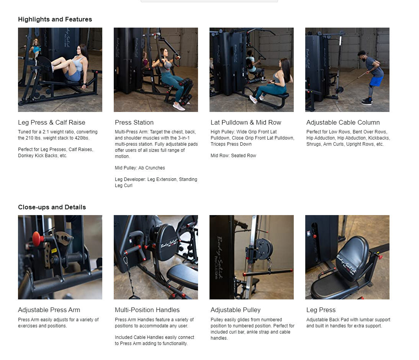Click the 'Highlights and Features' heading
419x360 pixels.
tap(55, 19)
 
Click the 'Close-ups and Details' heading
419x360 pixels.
tap(52, 207)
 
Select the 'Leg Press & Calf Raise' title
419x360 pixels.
tap(51, 122)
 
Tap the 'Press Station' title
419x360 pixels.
tap(134, 122)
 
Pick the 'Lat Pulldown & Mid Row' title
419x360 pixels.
tap(246, 122)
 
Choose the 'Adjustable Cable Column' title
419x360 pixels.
tap(343, 122)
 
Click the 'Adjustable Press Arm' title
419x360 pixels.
tap(49, 310)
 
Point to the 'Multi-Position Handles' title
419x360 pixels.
tap(147, 310)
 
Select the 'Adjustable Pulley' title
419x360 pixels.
tap(235, 310)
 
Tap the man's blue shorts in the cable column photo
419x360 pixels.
tap(376, 81)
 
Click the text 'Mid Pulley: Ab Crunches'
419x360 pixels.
tap(140, 168)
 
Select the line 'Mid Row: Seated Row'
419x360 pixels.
tap(233, 156)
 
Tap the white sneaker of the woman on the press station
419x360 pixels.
tap(178, 107)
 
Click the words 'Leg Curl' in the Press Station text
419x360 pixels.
tap(123, 186)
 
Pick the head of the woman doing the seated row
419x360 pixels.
tap(285, 64)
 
